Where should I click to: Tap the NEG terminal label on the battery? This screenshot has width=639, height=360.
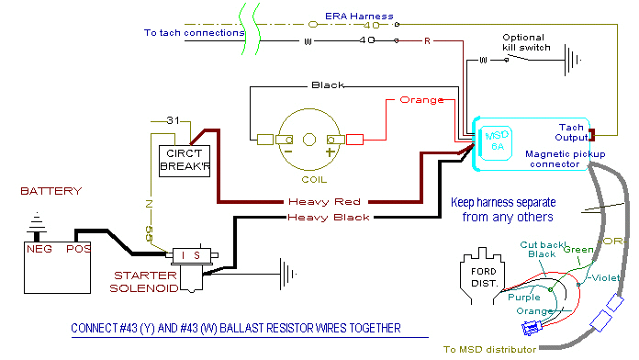(39, 250)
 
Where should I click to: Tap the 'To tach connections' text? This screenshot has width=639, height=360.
(194, 33)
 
